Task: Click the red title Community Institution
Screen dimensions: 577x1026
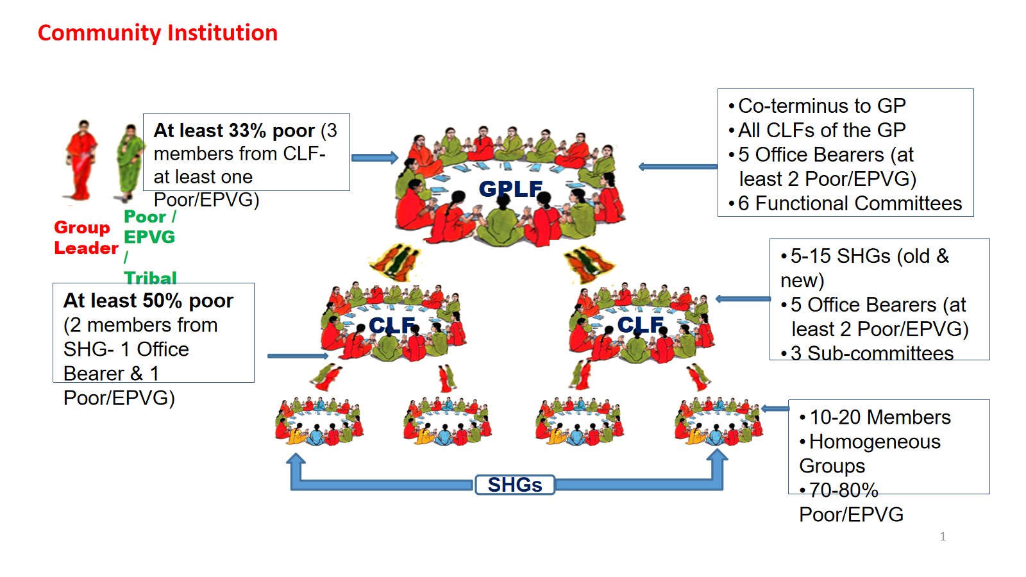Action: click(157, 33)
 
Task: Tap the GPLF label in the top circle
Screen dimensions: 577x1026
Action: click(510, 188)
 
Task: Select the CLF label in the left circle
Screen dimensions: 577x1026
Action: click(392, 326)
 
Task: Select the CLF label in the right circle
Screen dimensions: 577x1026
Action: click(640, 325)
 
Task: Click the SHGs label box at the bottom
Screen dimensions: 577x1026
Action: click(514, 485)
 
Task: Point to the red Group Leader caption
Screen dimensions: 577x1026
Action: click(85, 238)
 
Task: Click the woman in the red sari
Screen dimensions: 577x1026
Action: click(81, 160)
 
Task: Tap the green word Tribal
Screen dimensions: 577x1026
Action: click(150, 278)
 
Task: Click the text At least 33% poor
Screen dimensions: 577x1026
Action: click(234, 131)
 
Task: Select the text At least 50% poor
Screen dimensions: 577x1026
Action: click(148, 301)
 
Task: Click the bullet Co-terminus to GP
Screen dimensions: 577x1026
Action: click(821, 106)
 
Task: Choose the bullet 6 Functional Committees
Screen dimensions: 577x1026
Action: click(849, 203)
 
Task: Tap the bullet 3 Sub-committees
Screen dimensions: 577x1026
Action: click(871, 353)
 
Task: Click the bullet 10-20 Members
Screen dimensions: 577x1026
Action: click(879, 417)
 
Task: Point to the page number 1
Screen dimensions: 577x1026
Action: click(943, 537)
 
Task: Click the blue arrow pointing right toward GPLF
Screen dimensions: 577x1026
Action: click(374, 158)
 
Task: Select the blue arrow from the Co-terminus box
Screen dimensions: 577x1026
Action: click(678, 167)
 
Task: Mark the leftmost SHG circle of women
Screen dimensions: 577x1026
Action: click(319, 421)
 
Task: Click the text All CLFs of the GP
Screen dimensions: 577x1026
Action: click(821, 130)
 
